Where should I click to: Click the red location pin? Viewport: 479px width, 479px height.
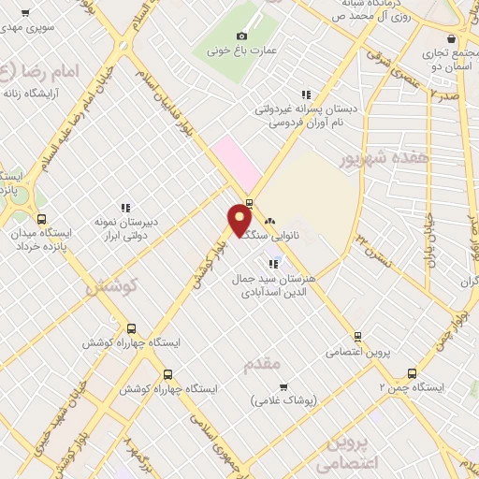click(239, 221)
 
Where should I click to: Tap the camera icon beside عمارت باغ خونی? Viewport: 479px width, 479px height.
click(241, 36)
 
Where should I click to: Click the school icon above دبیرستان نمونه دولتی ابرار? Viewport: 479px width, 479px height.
click(124, 208)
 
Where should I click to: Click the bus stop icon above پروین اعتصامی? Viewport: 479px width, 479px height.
click(357, 338)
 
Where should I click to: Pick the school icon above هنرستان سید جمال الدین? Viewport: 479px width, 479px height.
click(273, 263)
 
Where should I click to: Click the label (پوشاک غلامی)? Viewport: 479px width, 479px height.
click(284, 399)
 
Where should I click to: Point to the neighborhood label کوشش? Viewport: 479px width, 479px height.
click(111, 287)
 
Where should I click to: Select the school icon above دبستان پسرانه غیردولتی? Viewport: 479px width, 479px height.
click(305, 94)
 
